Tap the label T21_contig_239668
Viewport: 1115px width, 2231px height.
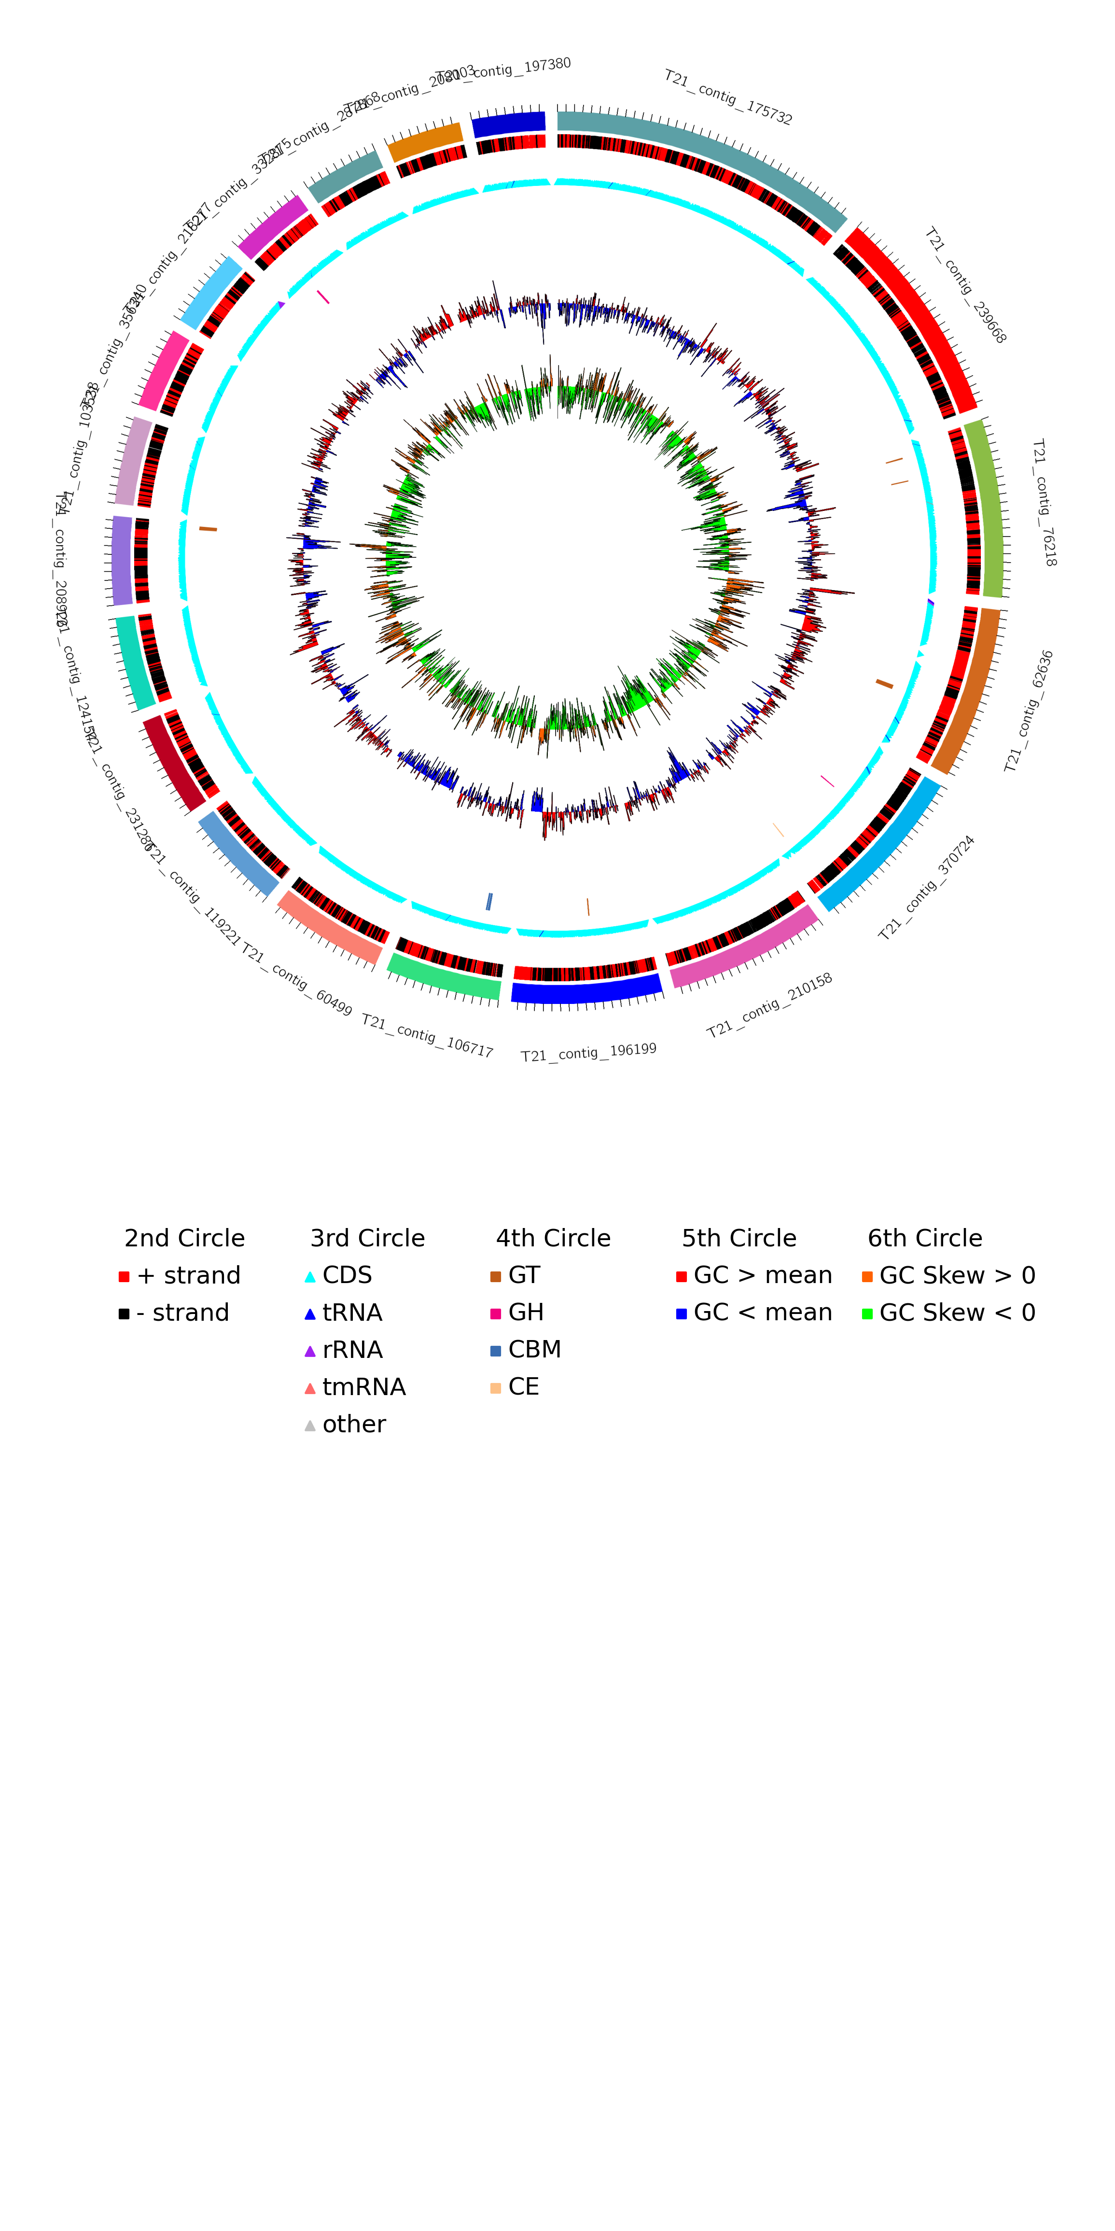pos(965,286)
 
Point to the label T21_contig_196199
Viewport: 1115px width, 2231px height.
pos(589,1052)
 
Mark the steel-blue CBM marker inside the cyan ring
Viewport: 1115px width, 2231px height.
pos(489,902)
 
